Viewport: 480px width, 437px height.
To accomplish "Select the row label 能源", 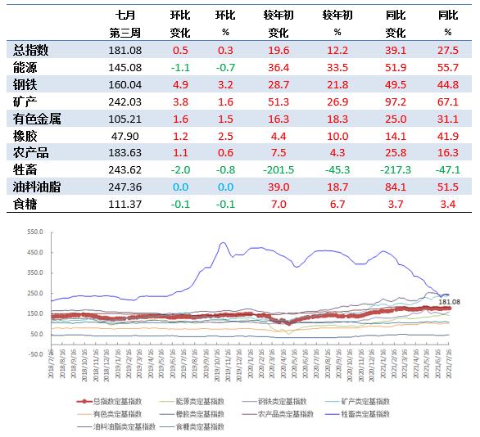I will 25,67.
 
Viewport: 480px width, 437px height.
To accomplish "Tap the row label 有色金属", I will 38,119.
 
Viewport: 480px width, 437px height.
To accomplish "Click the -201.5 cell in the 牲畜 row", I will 278,169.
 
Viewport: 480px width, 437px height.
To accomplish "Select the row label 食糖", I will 25,204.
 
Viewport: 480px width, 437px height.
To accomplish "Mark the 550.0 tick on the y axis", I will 34,232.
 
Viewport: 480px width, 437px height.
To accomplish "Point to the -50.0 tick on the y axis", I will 34,354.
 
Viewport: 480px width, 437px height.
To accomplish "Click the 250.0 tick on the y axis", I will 34,293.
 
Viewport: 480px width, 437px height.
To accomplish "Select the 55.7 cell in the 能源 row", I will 447,67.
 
